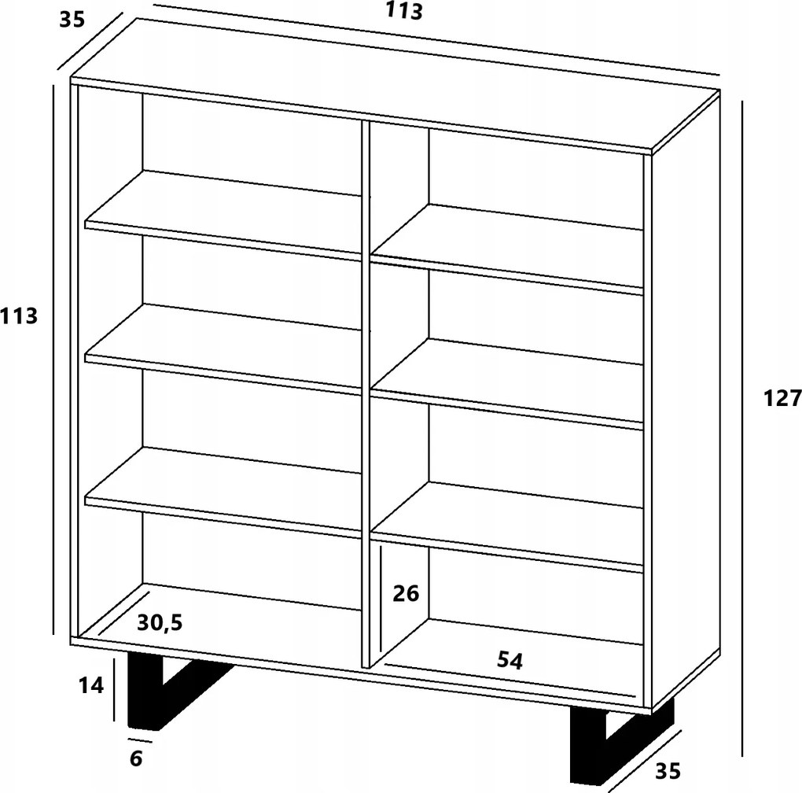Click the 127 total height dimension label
782,398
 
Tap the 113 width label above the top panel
404,11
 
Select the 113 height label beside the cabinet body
19,316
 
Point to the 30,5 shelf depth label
160,622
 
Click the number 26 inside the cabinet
407,593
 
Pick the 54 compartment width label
510,661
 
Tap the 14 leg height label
91,685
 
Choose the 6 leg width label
135,758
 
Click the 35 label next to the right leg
668,771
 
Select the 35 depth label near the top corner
72,20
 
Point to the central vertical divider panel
365,394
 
